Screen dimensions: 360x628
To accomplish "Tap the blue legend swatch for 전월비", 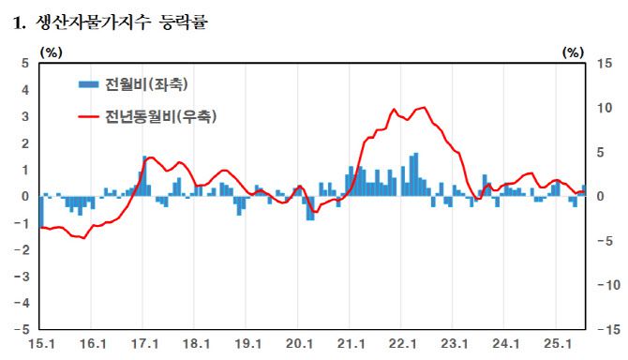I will pyautogui.click(x=89, y=84).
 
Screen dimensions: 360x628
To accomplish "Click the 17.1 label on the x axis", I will pyautogui.click(x=143, y=345).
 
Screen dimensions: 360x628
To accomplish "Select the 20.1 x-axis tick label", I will pyautogui.click(x=299, y=345).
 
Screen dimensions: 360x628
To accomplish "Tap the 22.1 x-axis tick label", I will pyautogui.click(x=402, y=345).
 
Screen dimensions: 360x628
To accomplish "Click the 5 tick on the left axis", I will pyautogui.click(x=26, y=63).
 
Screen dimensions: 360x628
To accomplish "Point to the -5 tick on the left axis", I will pyautogui.click(x=23, y=330).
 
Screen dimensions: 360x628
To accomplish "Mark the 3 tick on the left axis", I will pyautogui.click(x=26, y=116).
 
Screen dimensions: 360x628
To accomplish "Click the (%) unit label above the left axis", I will pyautogui.click(x=49, y=52).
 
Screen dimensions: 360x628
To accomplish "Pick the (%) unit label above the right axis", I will pyautogui.click(x=573, y=52).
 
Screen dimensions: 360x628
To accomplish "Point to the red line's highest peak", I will pyautogui.click(x=424, y=108).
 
